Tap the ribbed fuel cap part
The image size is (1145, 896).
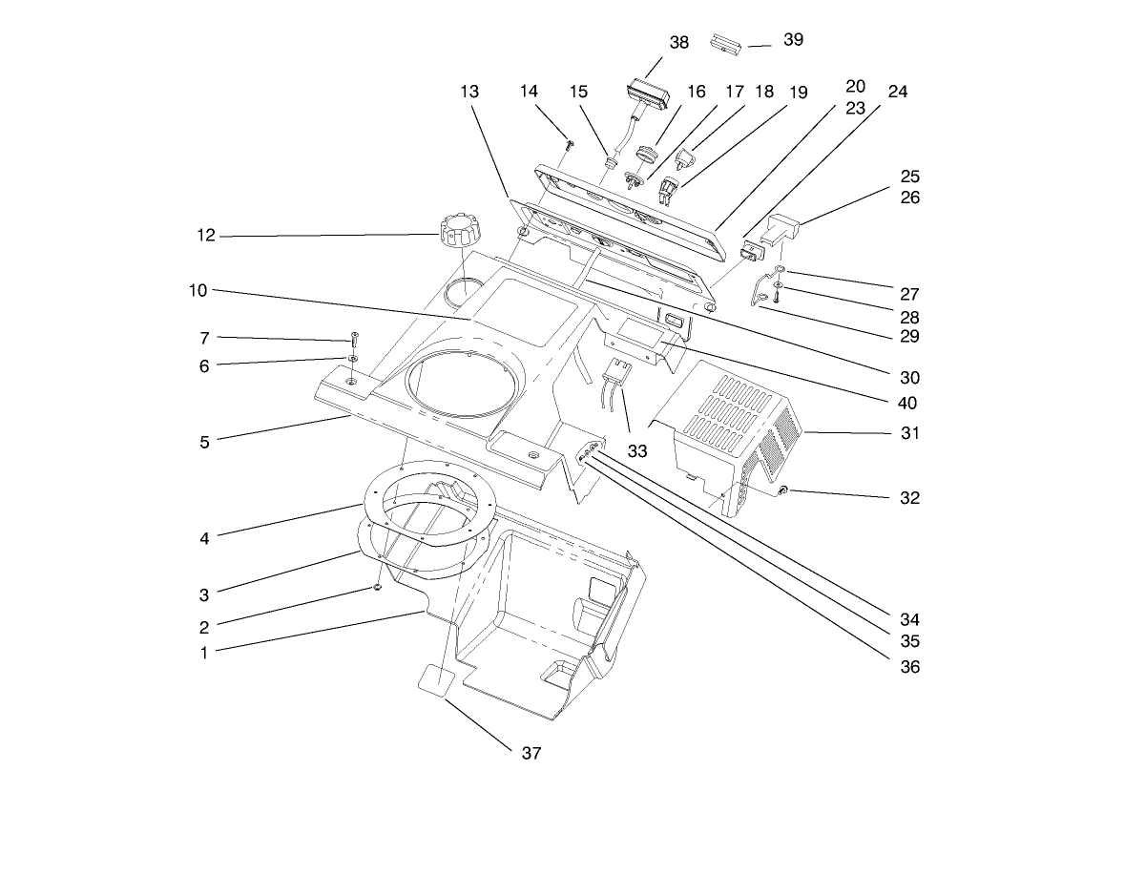pyautogui.click(x=459, y=231)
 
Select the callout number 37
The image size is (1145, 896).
pyautogui.click(x=531, y=753)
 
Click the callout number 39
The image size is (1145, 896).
pyautogui.click(x=793, y=39)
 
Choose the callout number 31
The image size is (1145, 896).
pyautogui.click(x=910, y=433)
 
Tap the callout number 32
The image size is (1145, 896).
pyautogui.click(x=910, y=497)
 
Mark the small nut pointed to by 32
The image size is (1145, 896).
pyautogui.click(x=782, y=490)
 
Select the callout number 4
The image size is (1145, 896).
pyautogui.click(x=204, y=538)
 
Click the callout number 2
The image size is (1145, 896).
pyautogui.click(x=204, y=627)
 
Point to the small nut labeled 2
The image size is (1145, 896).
pyautogui.click(x=378, y=589)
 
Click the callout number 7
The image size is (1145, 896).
pyautogui.click(x=204, y=338)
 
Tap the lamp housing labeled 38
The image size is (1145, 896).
pyautogui.click(x=648, y=96)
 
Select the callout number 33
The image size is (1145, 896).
pyautogui.click(x=637, y=451)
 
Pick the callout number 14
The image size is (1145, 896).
pyautogui.click(x=529, y=92)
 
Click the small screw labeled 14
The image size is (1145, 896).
pyautogui.click(x=570, y=144)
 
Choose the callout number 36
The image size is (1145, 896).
pyautogui.click(x=910, y=667)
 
